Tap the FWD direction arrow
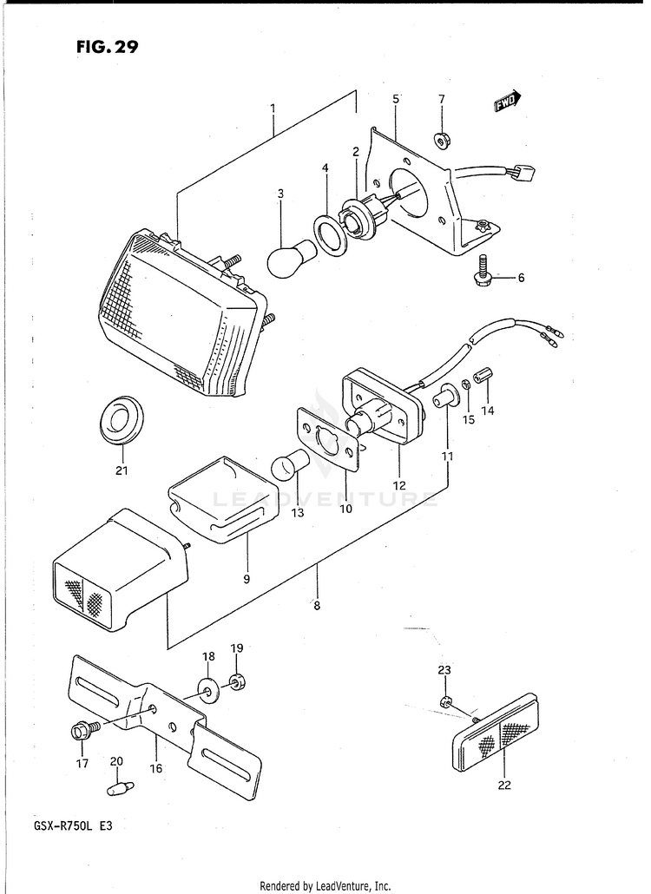(x=507, y=102)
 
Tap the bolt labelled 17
(x=80, y=731)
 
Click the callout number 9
(x=247, y=578)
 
